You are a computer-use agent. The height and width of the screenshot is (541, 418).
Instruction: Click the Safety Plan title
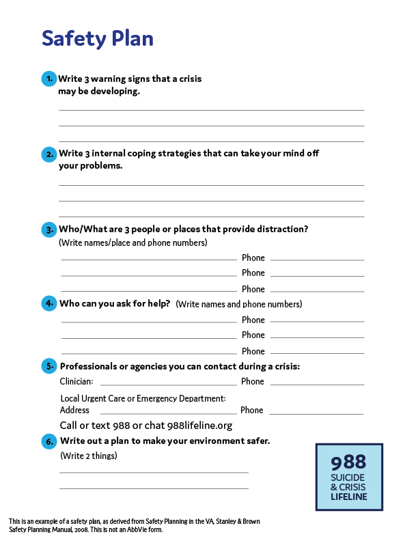97,38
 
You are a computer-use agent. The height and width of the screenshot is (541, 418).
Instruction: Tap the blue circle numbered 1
48,79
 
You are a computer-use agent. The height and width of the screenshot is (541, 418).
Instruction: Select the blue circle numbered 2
48,154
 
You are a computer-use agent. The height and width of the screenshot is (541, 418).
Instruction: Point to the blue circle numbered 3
48,230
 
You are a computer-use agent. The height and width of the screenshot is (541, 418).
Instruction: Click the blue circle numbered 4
48,303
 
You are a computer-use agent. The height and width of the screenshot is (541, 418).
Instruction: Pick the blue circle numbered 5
48,366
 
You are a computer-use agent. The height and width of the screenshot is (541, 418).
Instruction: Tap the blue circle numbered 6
48,441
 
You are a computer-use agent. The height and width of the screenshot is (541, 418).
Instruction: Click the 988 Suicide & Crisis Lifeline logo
349,477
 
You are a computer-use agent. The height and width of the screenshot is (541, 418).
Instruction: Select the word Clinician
76,382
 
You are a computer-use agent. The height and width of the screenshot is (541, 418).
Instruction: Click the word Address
74,411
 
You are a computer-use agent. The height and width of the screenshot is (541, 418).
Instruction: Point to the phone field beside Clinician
317,384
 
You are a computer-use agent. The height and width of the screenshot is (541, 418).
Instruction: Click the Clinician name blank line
168,384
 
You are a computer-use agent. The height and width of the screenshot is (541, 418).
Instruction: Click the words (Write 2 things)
88,456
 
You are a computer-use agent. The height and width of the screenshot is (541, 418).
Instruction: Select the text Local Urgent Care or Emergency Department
143,398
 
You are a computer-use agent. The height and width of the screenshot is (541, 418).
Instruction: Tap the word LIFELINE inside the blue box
348,497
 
